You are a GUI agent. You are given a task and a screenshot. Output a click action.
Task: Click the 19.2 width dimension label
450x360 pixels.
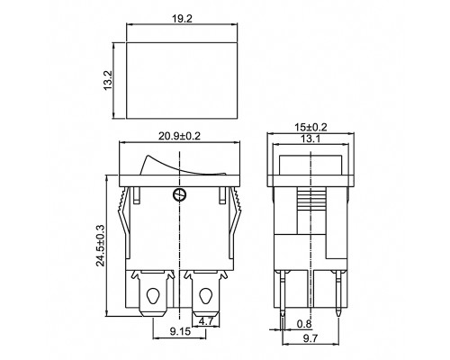[x=182, y=19]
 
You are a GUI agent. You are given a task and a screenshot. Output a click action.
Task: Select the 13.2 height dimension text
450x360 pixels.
[x=107, y=80]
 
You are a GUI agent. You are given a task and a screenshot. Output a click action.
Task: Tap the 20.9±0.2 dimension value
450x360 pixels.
[x=179, y=136]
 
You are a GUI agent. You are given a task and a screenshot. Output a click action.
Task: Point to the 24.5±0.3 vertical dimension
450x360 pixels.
[x=101, y=245]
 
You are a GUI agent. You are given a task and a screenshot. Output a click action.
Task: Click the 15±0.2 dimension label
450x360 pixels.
[x=310, y=127]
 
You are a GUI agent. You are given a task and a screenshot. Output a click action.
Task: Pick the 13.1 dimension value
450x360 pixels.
[x=310, y=139]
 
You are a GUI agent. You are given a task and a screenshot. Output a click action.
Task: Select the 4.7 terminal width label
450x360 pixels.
[x=206, y=321]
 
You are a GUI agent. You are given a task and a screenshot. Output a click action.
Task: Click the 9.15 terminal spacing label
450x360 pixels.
[x=180, y=331]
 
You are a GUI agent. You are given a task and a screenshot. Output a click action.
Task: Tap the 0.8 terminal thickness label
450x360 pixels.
[x=304, y=324]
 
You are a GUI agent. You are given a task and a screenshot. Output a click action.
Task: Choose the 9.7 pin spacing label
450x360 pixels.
[x=310, y=339]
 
